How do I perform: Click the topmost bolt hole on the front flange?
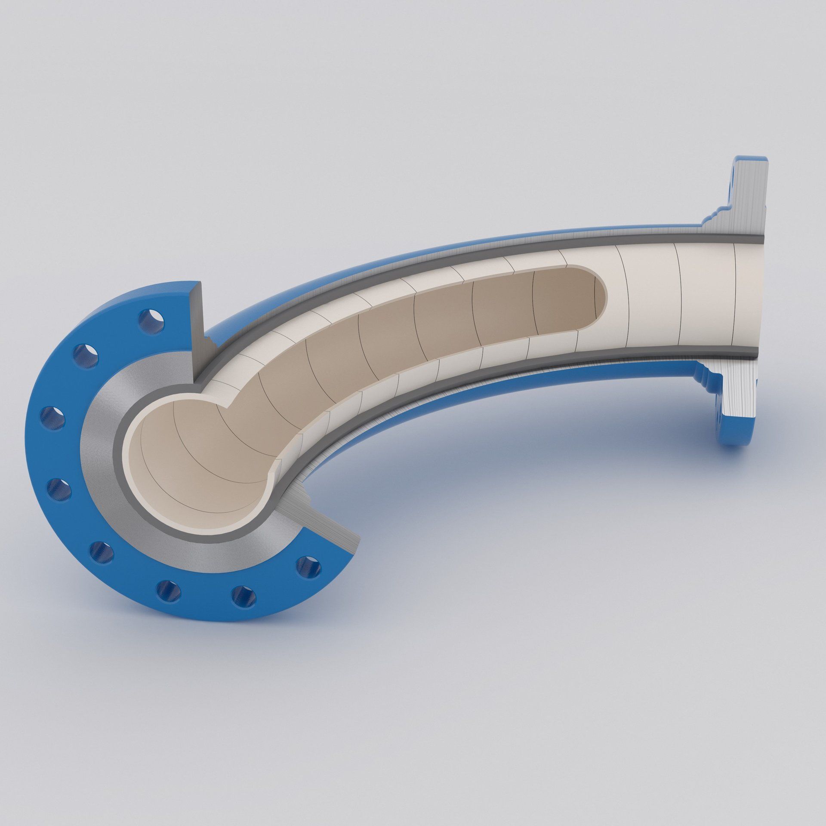(151, 321)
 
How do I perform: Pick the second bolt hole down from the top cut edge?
(86, 355)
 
